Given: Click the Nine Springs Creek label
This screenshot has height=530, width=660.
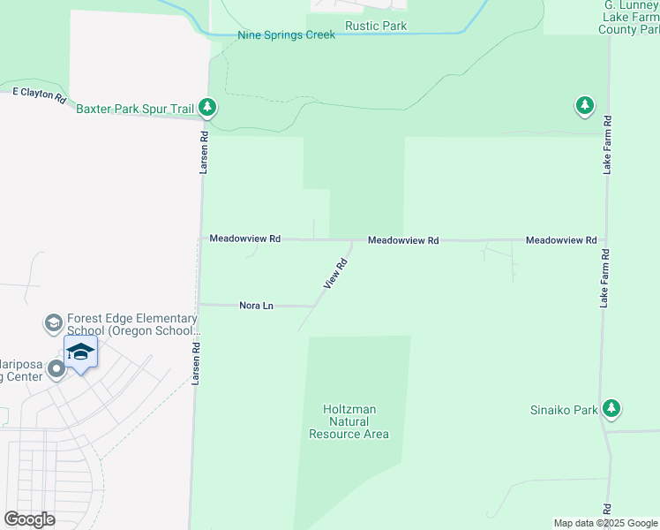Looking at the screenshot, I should (x=286, y=35).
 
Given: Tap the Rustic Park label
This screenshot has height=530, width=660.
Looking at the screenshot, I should (x=376, y=26).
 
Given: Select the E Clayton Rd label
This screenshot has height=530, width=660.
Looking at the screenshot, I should (x=40, y=94).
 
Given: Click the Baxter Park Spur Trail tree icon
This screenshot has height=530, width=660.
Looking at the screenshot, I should (x=207, y=108).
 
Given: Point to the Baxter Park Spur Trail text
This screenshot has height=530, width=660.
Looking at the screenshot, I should (x=135, y=109).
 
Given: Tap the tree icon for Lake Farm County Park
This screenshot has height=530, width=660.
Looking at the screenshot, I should (x=584, y=106).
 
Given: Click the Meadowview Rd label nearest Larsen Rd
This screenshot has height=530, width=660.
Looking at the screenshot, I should (x=244, y=238).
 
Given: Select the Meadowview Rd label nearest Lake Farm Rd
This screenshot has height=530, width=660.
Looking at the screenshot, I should (x=561, y=240).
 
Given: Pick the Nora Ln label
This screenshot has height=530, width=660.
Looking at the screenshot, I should (x=257, y=306).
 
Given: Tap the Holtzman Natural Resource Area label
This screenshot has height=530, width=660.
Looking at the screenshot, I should (x=349, y=421).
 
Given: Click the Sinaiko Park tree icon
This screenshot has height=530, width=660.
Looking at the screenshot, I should (x=611, y=408).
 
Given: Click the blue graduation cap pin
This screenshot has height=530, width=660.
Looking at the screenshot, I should (x=80, y=352).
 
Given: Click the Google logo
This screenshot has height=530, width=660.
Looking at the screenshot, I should (x=29, y=519).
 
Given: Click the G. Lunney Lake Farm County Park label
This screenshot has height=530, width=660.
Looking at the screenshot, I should (x=632, y=18).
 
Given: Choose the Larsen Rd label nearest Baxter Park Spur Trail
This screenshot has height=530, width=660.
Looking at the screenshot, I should (x=203, y=152).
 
